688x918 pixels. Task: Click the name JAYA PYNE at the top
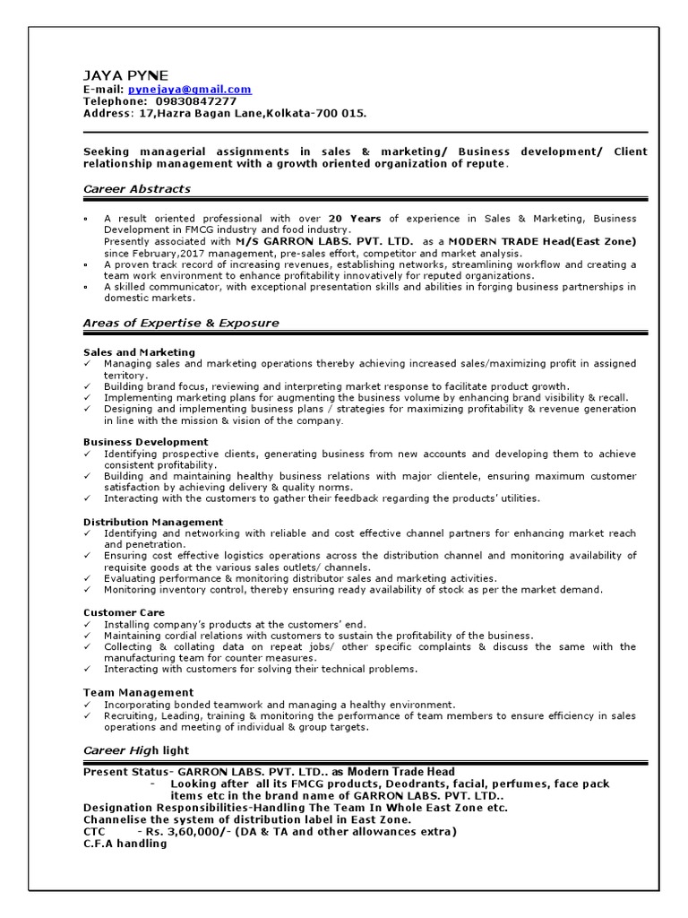click(125, 75)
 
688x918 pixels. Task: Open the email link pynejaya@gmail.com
click(190, 90)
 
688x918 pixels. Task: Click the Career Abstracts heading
click(136, 189)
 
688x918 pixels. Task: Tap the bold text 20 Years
click(355, 219)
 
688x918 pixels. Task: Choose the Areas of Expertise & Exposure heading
click(180, 323)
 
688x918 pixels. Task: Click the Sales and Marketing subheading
click(139, 352)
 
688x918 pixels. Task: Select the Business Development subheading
click(145, 442)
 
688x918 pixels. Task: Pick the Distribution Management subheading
click(152, 522)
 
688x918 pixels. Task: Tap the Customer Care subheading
click(124, 612)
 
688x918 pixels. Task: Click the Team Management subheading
click(138, 692)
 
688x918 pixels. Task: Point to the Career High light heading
click(136, 750)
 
